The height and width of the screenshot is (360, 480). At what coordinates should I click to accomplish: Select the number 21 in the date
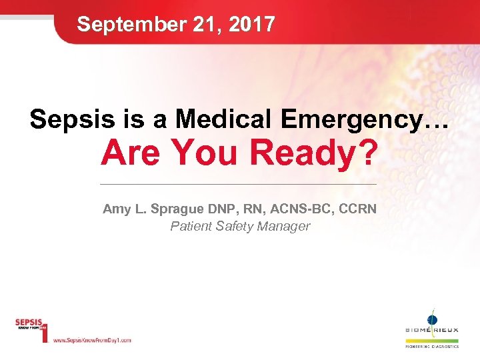tap(200, 25)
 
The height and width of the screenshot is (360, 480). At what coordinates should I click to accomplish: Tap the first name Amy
tap(115, 209)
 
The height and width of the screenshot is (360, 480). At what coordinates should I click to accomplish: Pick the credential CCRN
tap(358, 209)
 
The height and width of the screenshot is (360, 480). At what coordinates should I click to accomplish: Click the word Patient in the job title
tap(191, 227)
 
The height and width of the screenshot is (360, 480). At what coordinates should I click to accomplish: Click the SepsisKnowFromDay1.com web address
tap(91, 340)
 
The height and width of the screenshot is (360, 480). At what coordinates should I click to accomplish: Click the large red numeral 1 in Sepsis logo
tap(44, 331)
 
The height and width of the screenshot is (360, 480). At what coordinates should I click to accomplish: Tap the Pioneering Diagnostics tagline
tap(432, 347)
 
